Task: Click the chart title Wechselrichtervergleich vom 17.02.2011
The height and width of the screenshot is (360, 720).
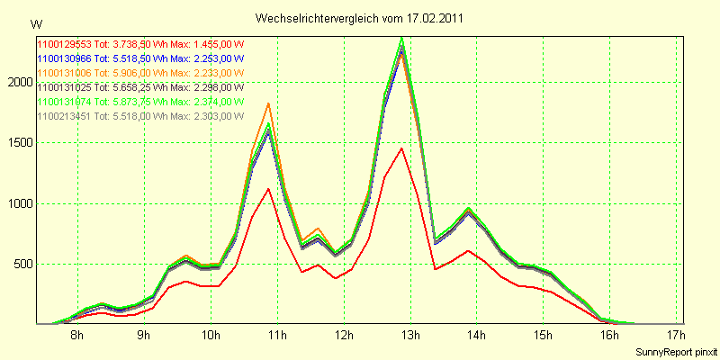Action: [361, 18]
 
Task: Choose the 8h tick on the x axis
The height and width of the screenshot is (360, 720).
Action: [77, 336]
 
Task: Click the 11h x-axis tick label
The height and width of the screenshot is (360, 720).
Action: [277, 336]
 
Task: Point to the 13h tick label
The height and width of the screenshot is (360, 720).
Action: [410, 336]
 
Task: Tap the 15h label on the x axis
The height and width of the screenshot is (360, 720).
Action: [543, 336]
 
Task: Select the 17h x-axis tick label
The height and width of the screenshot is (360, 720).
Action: [676, 336]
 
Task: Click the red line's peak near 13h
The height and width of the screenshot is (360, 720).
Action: [401, 148]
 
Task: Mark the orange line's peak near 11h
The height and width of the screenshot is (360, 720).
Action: [268, 103]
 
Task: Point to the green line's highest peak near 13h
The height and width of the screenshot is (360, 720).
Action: [401, 38]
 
